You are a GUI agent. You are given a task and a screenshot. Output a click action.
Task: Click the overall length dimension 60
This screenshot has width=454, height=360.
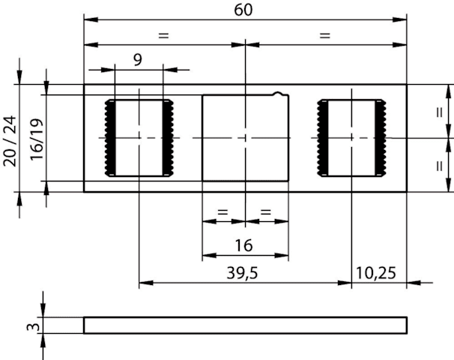[x=243, y=10]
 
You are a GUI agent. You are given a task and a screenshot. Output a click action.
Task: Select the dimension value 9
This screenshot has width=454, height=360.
[x=138, y=60]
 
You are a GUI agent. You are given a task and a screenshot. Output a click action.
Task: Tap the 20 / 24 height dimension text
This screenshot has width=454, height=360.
[x=10, y=141]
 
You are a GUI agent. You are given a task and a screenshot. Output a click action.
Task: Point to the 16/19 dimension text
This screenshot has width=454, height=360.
[x=37, y=139]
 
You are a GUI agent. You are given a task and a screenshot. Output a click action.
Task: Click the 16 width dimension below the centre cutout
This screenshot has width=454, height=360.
[x=243, y=245]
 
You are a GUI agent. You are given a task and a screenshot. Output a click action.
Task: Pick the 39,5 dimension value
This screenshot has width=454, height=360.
[x=242, y=273]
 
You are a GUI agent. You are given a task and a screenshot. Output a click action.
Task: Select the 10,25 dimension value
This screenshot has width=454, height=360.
[x=375, y=273]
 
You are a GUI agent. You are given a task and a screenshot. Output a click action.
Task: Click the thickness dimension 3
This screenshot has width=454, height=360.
[x=33, y=327]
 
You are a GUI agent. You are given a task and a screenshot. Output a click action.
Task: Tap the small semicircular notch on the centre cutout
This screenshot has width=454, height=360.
[x=278, y=93]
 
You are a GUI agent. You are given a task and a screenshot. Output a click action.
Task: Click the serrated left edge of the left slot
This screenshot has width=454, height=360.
[x=110, y=138]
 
